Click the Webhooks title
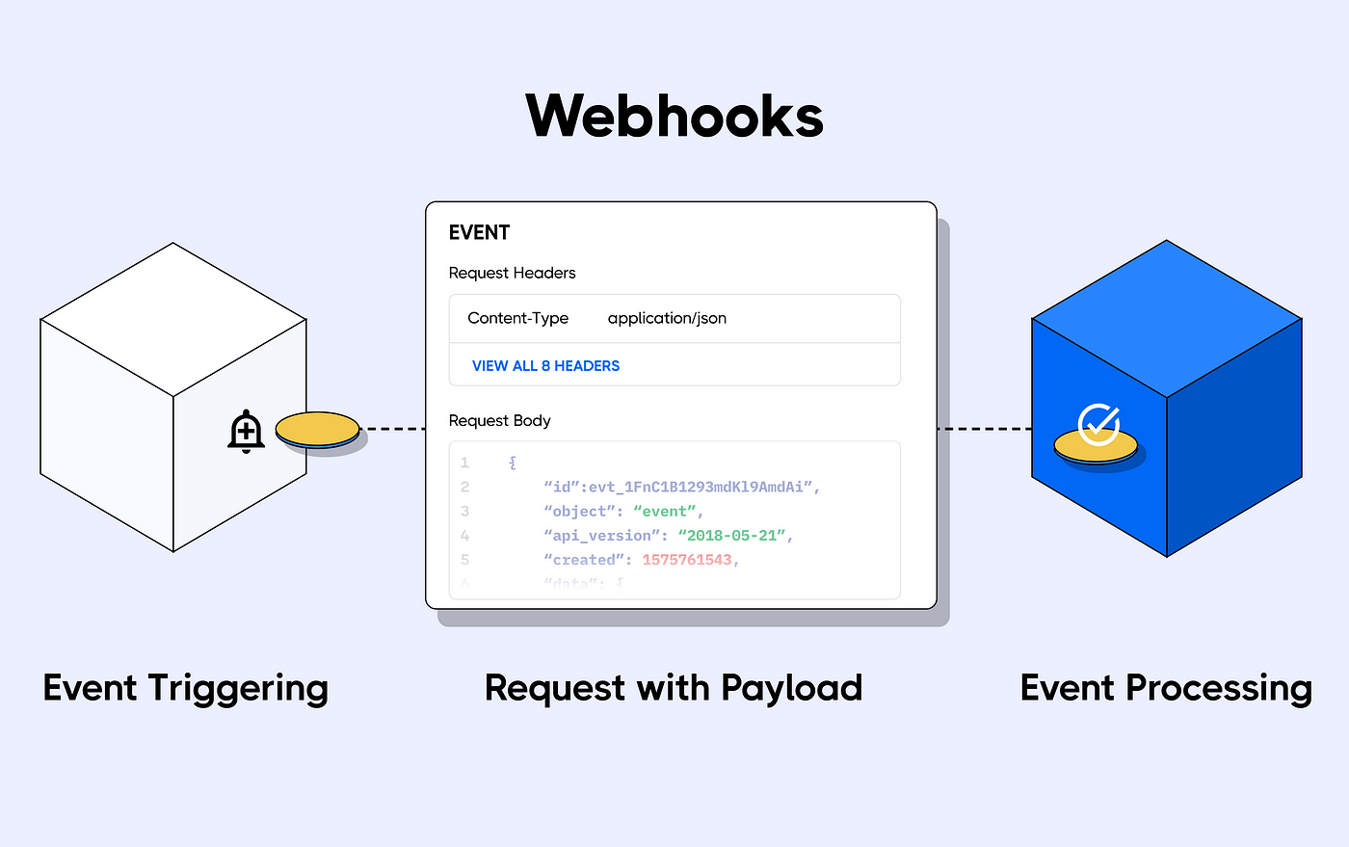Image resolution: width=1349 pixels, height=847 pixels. tap(674, 117)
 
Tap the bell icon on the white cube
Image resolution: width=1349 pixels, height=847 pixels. tap(246, 432)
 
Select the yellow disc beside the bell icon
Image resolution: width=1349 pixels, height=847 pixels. tap(317, 430)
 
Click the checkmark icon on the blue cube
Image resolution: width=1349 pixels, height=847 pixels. tap(1098, 423)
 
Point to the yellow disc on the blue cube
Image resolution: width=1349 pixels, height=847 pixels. tap(1096, 448)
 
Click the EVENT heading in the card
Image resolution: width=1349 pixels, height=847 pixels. tap(479, 232)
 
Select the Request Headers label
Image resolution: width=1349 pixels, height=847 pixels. tap(512, 273)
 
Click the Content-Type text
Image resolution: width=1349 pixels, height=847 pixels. tap(517, 318)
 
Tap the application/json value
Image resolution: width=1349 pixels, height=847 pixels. tap(667, 318)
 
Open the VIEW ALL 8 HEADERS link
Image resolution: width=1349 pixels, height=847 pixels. tap(545, 366)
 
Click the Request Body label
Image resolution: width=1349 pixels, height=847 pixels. tap(499, 420)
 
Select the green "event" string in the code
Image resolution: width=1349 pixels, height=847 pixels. tap(665, 511)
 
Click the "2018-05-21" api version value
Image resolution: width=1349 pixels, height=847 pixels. tap(731, 535)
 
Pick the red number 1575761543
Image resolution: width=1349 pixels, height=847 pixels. tap(687, 559)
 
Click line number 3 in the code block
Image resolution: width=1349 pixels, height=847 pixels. tap(464, 511)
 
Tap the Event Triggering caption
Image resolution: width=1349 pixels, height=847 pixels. tap(186, 688)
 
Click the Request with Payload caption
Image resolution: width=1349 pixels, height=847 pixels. tap(673, 688)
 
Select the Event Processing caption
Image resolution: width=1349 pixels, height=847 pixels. tap(1166, 688)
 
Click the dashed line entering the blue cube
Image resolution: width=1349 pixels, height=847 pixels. tap(984, 429)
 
